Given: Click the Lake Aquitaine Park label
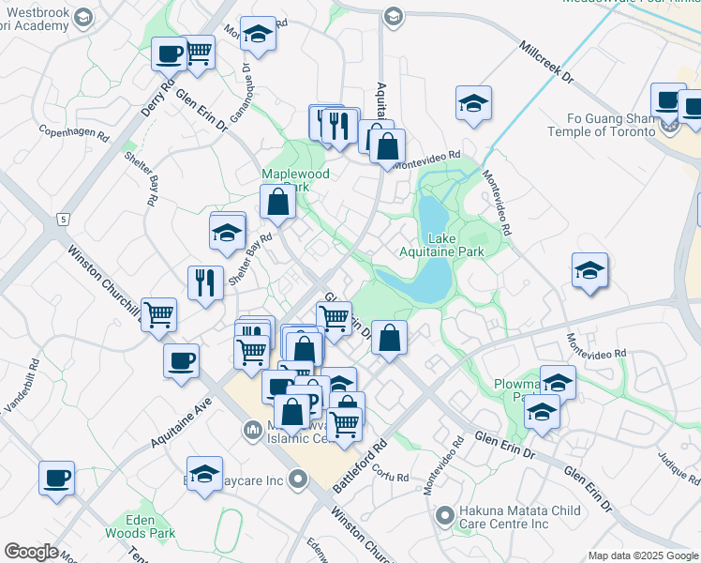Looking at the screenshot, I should (455, 245).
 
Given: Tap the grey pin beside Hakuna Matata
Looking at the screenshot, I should (445, 514).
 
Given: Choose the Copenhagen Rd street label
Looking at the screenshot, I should (74, 131).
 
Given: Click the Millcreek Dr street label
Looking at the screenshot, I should (544, 62).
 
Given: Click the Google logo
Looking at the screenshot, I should (31, 552).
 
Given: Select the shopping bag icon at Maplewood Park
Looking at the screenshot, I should (277, 202).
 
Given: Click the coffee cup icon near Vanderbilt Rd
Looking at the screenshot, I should (56, 478).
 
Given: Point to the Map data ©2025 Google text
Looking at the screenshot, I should (643, 555).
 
